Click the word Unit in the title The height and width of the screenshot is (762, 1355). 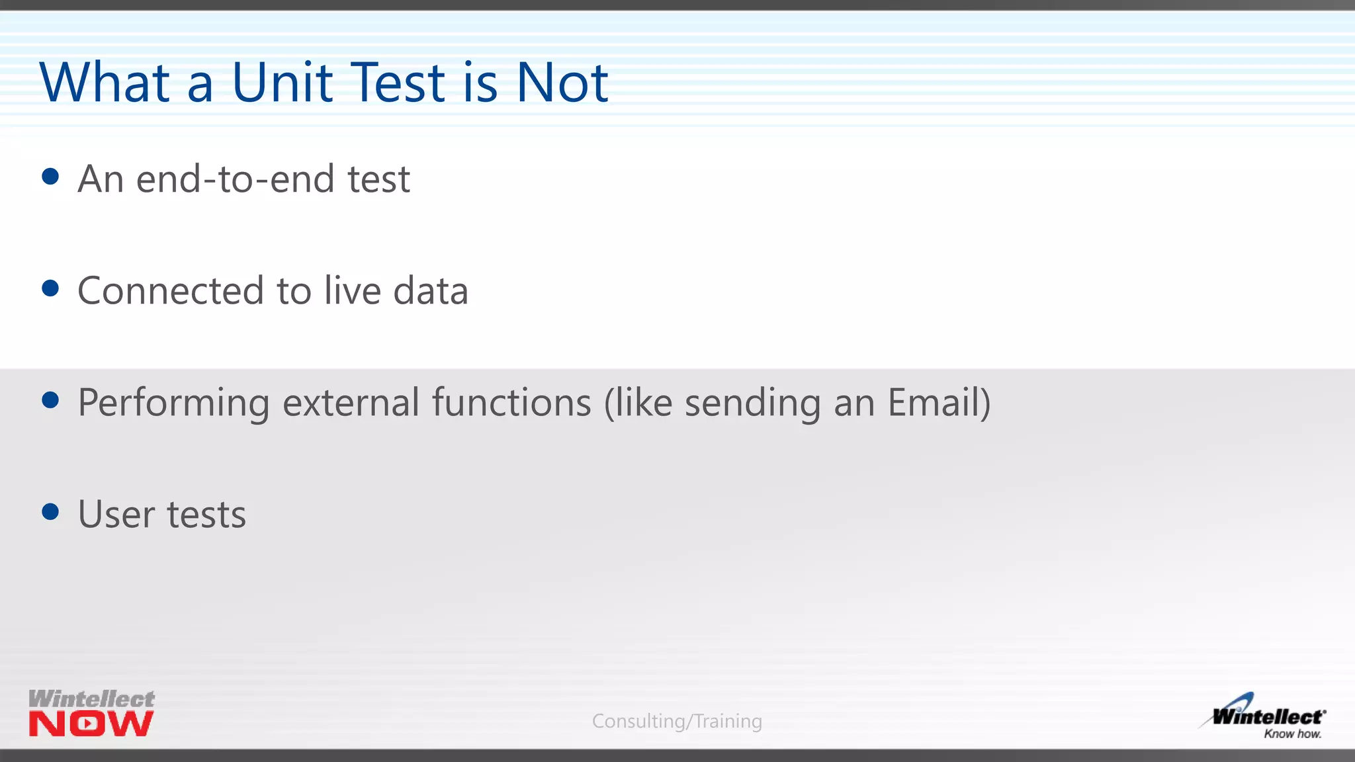(x=282, y=83)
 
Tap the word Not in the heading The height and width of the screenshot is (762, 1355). (x=562, y=83)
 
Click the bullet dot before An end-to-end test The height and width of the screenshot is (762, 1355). (x=50, y=177)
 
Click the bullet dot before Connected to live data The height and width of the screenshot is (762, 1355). (x=50, y=288)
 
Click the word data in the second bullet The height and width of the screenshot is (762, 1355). (x=431, y=291)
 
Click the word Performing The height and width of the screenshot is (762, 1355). (x=173, y=403)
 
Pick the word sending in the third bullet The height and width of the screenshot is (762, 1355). (x=752, y=403)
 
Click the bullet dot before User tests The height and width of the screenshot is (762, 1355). (x=50, y=511)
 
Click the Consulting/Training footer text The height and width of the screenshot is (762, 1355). (x=677, y=721)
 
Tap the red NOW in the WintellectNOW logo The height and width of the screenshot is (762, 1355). (x=91, y=724)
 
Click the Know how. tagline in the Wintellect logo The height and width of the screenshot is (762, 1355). (x=1292, y=734)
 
